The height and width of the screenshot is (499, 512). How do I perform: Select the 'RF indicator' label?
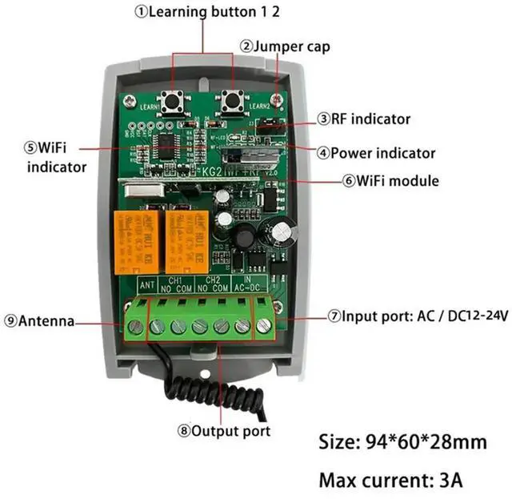[364, 119]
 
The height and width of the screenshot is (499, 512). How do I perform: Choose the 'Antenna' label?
[38, 321]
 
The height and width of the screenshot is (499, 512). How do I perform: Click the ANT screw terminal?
[136, 327]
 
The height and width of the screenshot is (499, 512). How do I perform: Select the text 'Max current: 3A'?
[391, 481]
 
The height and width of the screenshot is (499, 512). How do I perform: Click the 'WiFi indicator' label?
[55, 157]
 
